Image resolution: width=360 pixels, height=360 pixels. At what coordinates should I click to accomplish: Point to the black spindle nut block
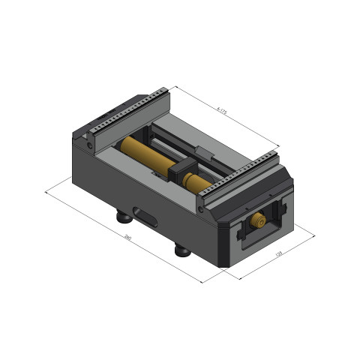click(185, 171)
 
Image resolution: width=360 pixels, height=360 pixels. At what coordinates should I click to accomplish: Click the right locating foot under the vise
click(181, 250)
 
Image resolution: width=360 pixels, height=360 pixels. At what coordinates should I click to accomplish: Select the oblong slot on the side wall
click(142, 216)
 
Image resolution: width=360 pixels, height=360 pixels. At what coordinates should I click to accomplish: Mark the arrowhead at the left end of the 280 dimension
click(47, 192)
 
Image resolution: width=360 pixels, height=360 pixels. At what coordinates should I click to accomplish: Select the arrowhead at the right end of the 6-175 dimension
click(278, 145)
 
